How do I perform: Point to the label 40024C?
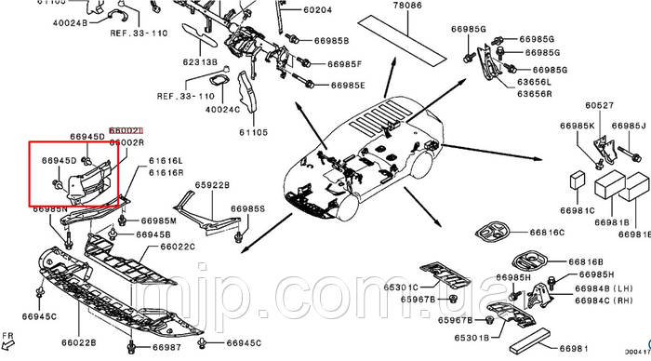click(x=222, y=109)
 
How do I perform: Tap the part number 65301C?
click(x=402, y=287)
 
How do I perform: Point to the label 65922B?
click(x=211, y=185)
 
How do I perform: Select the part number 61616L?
click(x=168, y=161)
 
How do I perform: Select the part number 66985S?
click(x=249, y=208)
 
